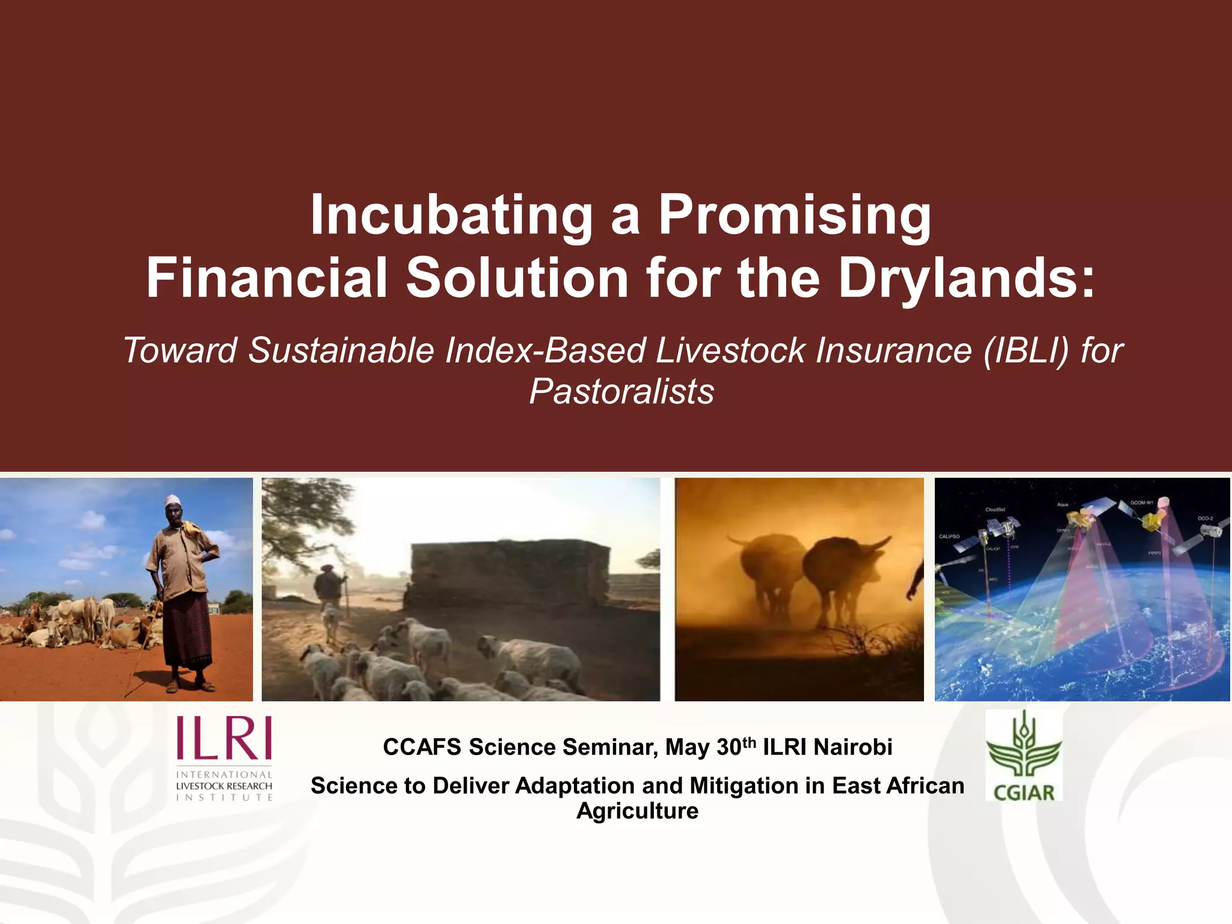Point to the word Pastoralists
[621, 392]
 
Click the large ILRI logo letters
[224, 738]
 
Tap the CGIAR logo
[1024, 756]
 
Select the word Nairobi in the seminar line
[852, 747]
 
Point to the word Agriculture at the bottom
[637, 811]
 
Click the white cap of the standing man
[173, 500]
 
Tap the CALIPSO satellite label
[949, 536]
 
